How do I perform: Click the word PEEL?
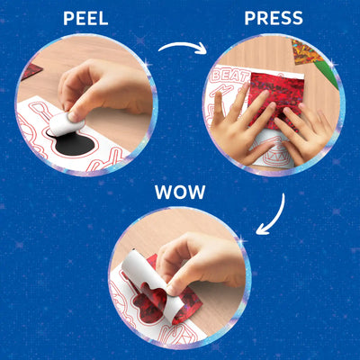pyautogui.click(x=85, y=19)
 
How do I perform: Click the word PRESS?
pyautogui.click(x=274, y=18)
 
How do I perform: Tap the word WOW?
pyautogui.click(x=180, y=192)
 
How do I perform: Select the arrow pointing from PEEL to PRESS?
pyautogui.click(x=183, y=46)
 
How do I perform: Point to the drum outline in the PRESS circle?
pyautogui.click(x=270, y=150)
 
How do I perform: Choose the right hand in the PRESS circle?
pyautogui.click(x=303, y=132)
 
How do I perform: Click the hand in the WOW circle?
pyautogui.click(x=201, y=264)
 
